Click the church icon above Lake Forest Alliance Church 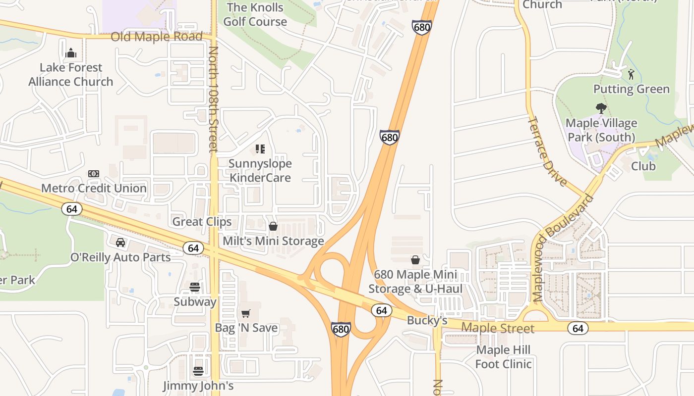pyautogui.click(x=71, y=52)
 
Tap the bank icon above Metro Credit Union pyautogui.click(x=93, y=174)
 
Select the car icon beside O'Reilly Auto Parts pyautogui.click(x=120, y=243)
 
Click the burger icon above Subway pyautogui.click(x=195, y=287)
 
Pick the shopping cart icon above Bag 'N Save pyautogui.click(x=246, y=313)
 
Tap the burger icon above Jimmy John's pyautogui.click(x=198, y=371)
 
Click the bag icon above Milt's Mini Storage pyautogui.click(x=273, y=226)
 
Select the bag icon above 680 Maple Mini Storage pyautogui.click(x=415, y=260)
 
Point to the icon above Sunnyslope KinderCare pyautogui.click(x=260, y=148)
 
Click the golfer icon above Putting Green pyautogui.click(x=631, y=75)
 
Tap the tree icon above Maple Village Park pyautogui.click(x=601, y=108)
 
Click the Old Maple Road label pyautogui.click(x=157, y=37)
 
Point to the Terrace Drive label pyautogui.click(x=547, y=151)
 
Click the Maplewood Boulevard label pyautogui.click(x=563, y=248)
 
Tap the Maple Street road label pyautogui.click(x=498, y=328)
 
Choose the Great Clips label pyautogui.click(x=202, y=222)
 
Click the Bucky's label pyautogui.click(x=427, y=321)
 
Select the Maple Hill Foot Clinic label pyautogui.click(x=503, y=357)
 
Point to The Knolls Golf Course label pyautogui.click(x=255, y=14)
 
